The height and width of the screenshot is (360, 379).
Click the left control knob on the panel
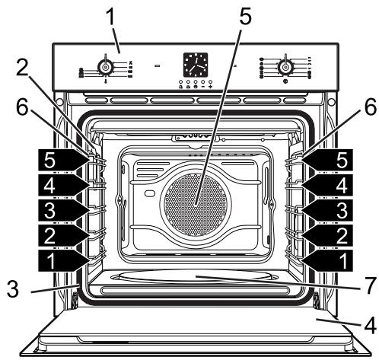105,67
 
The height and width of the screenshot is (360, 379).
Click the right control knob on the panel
285,67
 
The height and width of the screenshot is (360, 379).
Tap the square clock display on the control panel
196,65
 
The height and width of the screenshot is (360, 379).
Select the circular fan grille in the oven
196,205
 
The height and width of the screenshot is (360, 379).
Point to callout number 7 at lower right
368,285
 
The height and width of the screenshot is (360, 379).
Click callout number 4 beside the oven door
370,325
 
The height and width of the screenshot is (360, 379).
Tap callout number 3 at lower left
13,288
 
